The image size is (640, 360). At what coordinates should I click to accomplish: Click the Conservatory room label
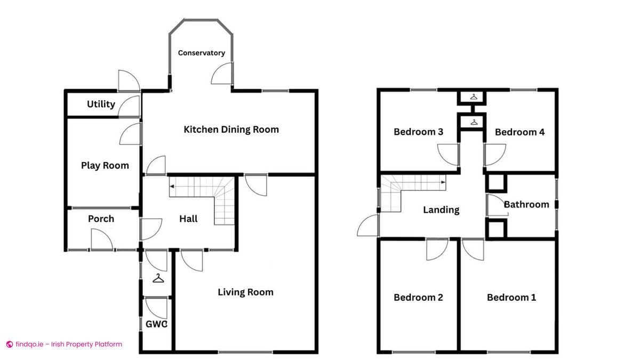point(201,53)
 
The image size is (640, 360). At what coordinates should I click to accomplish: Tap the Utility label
point(101,104)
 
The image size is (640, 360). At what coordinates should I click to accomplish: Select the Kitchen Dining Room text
point(231,129)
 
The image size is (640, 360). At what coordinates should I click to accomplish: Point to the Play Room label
point(105,165)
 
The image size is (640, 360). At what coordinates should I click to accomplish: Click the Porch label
point(101,219)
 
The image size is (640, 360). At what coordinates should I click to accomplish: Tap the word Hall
point(188,219)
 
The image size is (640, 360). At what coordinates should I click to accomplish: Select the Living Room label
point(245,292)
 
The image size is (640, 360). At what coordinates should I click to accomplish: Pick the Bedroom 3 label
point(418,132)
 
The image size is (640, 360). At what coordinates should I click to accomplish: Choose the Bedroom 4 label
point(519,132)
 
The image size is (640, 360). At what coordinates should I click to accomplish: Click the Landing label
point(441,210)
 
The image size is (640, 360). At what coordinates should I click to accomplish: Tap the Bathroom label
point(526,204)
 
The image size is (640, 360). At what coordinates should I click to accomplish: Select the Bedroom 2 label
point(418,297)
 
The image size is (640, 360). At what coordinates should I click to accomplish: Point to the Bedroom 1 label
point(511,297)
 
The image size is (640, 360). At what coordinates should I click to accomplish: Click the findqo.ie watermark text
point(64,345)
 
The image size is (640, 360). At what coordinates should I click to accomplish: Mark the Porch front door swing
point(101,239)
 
